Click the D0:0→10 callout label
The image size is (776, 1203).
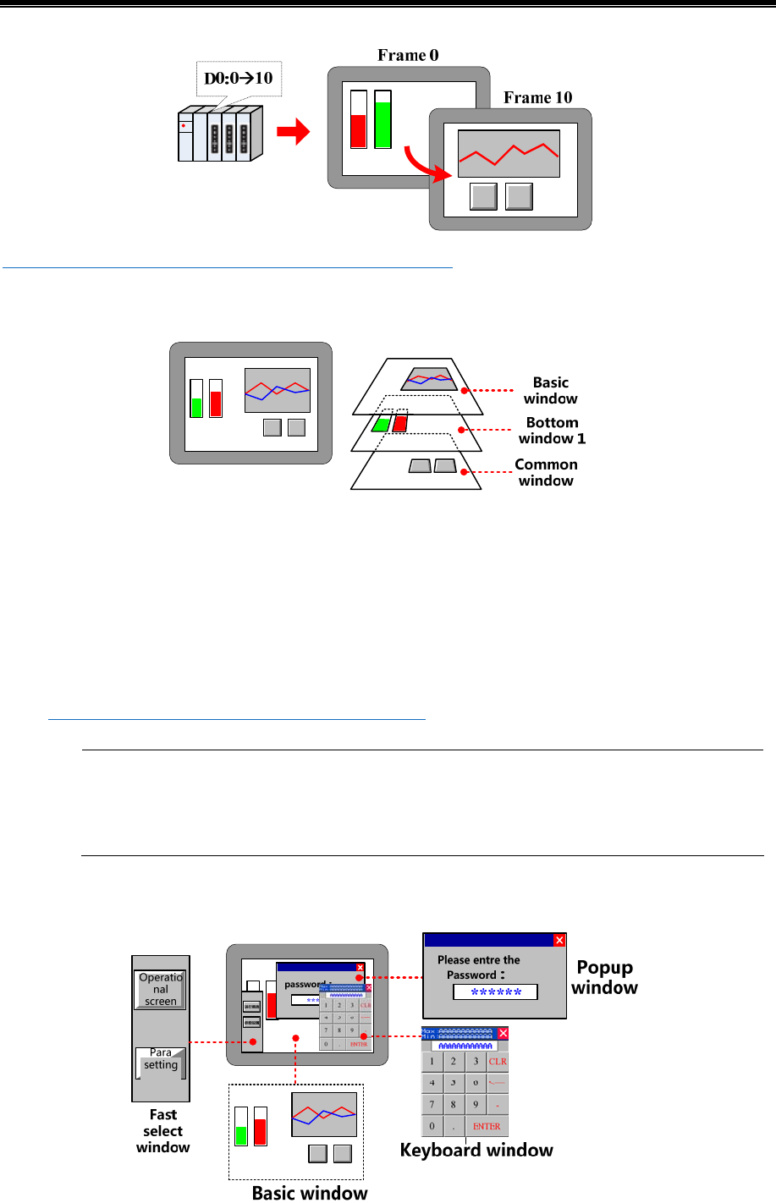tap(239, 79)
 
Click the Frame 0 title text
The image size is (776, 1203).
tap(408, 56)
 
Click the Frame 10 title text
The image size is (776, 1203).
tap(537, 98)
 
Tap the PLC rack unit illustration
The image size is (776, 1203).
tap(219, 134)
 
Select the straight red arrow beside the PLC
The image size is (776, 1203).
tap(294, 132)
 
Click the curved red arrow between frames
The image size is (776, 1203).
tap(423, 166)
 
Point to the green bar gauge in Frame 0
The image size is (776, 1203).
tap(382, 124)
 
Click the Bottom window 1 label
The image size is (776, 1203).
tap(552, 431)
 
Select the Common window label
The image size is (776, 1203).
tap(546, 473)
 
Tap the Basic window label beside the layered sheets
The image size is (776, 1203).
tap(550, 391)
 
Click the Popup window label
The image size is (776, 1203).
tap(604, 978)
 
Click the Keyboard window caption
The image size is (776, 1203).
tap(476, 1151)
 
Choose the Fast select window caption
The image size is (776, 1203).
tap(163, 1131)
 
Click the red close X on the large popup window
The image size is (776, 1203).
tap(559, 941)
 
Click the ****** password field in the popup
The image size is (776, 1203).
tap(495, 992)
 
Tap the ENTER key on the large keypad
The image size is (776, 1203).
tap(487, 1127)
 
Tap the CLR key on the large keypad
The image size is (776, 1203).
tap(498, 1062)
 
